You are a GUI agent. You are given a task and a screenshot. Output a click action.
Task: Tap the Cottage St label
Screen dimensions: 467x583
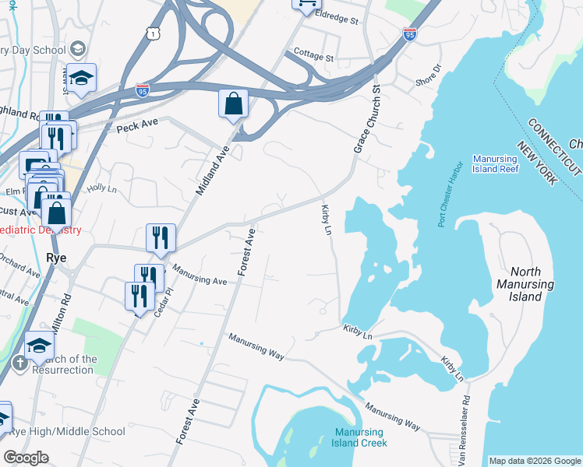(313, 56)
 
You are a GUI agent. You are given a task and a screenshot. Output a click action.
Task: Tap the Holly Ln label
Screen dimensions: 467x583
(101, 188)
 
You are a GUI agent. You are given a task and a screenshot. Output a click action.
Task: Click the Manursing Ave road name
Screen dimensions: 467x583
(199, 276)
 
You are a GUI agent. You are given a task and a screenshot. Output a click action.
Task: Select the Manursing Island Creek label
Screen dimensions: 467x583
(360, 437)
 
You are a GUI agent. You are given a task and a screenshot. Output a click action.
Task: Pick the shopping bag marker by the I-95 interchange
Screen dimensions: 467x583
(233, 104)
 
